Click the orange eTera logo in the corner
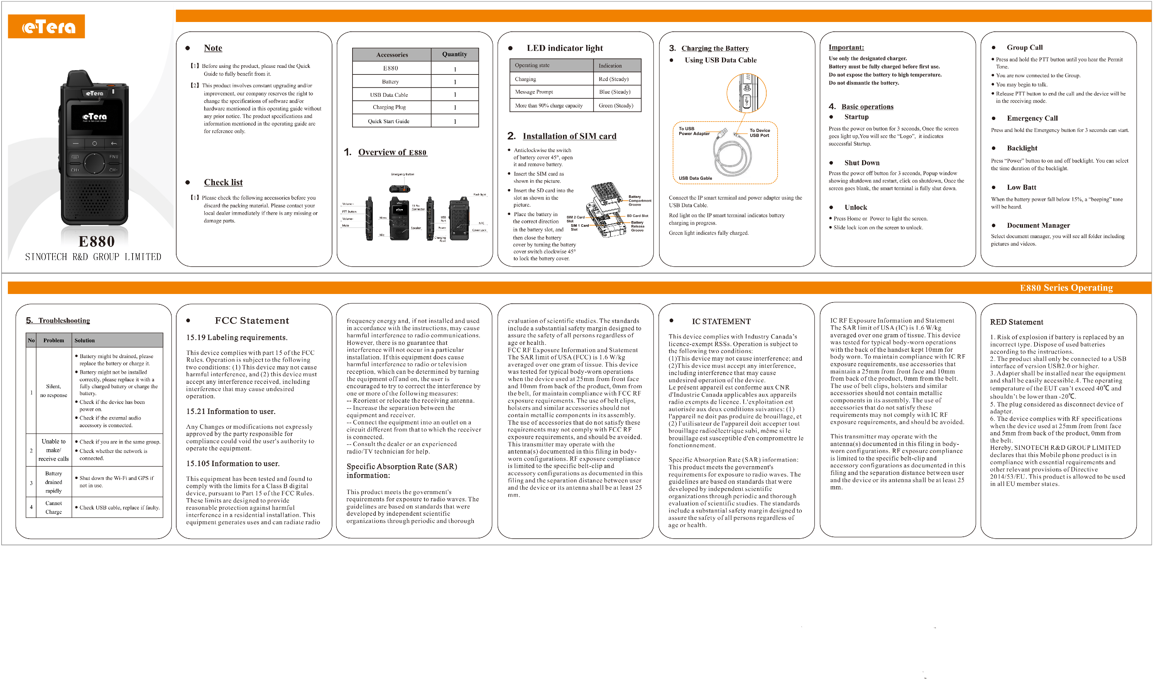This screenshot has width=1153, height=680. click(x=46, y=27)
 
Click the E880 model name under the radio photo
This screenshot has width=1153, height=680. click(x=97, y=242)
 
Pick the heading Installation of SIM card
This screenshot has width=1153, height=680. click(x=569, y=136)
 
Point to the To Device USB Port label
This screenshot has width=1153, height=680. click(x=759, y=133)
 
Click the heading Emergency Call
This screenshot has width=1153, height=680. click(x=1032, y=118)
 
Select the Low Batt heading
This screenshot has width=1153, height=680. click(x=1021, y=188)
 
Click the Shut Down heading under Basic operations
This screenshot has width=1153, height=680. click(x=861, y=163)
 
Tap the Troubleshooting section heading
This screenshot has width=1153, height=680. click(x=64, y=321)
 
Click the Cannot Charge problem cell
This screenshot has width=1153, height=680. click(x=54, y=507)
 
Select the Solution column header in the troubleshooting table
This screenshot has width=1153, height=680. click(x=85, y=340)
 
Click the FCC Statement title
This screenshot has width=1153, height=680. click(x=252, y=321)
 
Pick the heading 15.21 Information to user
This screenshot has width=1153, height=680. click(x=231, y=411)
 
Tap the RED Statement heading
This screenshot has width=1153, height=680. click(x=1016, y=322)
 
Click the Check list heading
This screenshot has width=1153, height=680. click(x=223, y=182)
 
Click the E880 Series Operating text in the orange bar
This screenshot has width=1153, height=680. click(x=1066, y=288)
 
